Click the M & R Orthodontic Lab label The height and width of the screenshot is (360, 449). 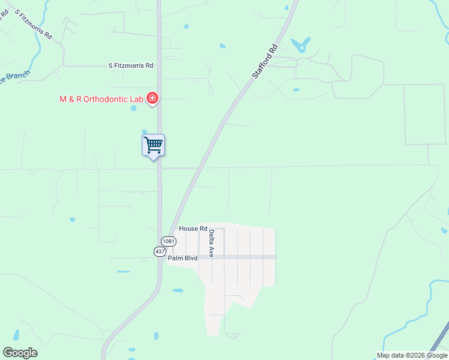pos(101,99)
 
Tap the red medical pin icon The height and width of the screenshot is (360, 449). pos(152,98)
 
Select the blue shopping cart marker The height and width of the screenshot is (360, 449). pos(153,145)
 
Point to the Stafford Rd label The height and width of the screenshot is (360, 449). pos(265,61)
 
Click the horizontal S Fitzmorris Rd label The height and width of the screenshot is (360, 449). pos(131,65)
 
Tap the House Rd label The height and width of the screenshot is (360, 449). pos(193,229)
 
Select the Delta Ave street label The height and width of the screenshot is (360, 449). pos(211,244)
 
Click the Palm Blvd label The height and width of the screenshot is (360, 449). pos(182,259)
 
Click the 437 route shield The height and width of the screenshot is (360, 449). pos(160,251)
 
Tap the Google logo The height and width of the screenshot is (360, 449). pos(20,353)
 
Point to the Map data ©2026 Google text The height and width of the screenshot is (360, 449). pos(412,355)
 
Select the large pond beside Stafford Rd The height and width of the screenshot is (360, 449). pos(300,45)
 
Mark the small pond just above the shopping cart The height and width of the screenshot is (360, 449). pos(144,131)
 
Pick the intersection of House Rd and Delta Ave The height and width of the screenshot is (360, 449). pos(215,229)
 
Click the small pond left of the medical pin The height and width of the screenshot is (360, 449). pos(134,109)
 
